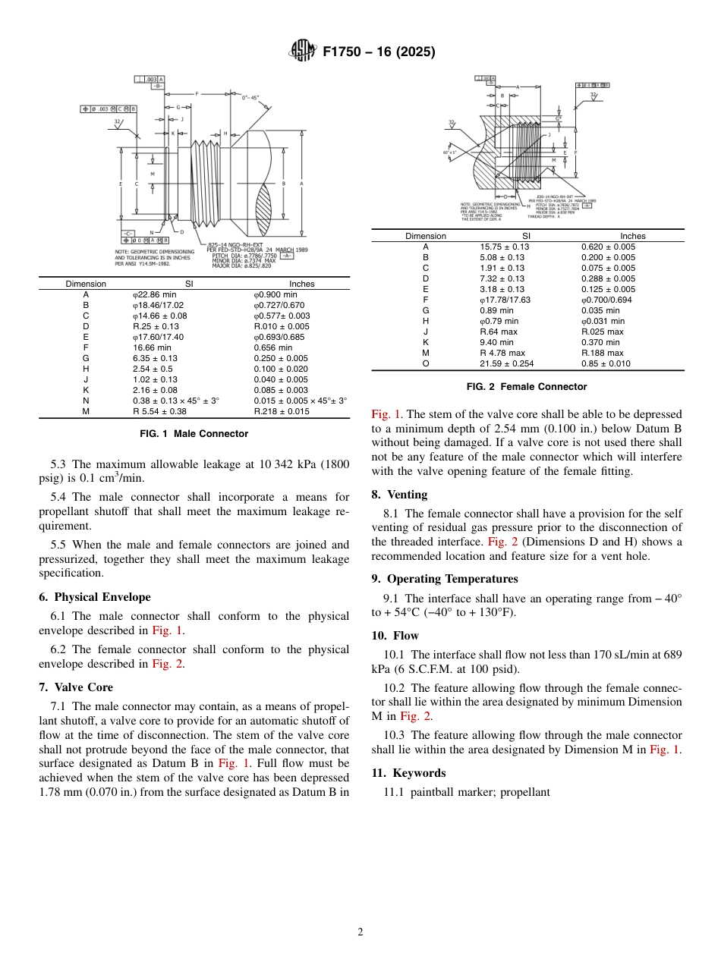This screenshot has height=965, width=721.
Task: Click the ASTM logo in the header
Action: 303,52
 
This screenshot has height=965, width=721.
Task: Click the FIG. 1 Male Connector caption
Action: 194,434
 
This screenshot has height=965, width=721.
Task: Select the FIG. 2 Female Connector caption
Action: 527,387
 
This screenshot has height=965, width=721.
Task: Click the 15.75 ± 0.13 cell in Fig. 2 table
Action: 505,247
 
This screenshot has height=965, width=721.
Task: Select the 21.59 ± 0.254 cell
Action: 507,363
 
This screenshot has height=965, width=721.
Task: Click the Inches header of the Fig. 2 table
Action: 632,236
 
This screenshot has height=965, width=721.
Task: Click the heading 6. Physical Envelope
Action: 94,597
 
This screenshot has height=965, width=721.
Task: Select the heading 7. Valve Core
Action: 75,687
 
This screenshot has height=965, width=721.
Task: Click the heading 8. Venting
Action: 399,495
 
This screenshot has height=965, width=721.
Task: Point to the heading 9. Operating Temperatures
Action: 445,579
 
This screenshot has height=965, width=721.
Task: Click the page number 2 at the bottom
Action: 360,932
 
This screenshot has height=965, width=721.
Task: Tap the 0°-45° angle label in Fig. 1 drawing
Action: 250,98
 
